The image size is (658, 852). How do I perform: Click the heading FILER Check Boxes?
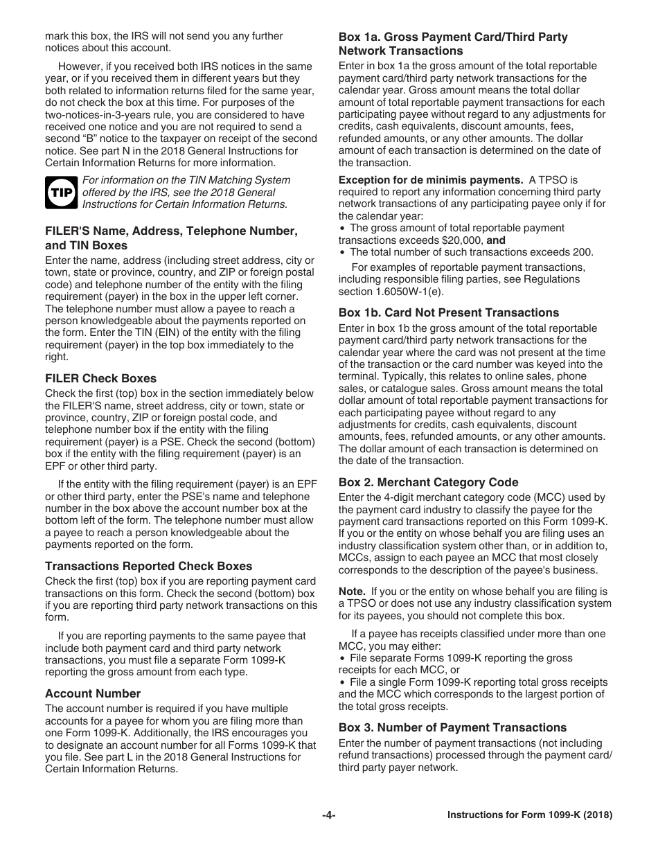click(100, 378)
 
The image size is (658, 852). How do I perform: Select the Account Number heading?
click(93, 693)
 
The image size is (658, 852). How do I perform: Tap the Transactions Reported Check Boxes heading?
click(148, 566)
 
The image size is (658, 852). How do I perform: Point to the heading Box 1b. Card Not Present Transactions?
click(448, 312)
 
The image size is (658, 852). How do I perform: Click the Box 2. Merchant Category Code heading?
click(428, 482)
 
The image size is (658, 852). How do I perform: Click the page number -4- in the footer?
click(328, 815)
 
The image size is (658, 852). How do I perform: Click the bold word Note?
click(351, 592)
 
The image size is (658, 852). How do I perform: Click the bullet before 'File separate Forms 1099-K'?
click(342, 658)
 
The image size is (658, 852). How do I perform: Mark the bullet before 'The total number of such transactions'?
click(342, 253)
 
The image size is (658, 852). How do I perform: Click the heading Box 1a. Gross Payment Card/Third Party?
click(452, 37)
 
